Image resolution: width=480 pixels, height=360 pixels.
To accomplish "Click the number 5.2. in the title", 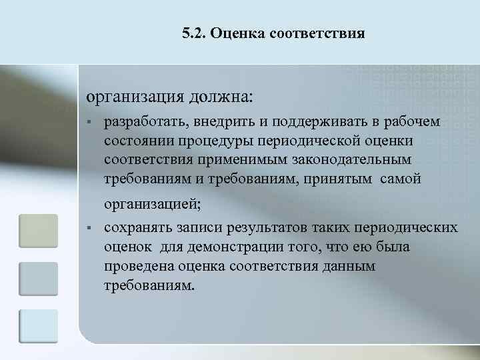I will [x=193, y=33].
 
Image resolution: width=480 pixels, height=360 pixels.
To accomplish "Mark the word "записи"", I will [x=197, y=229].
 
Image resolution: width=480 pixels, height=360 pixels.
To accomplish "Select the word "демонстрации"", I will [x=235, y=247].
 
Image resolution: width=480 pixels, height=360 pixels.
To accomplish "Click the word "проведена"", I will [x=139, y=267].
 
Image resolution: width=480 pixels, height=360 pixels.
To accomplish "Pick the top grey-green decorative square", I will [x=39, y=232].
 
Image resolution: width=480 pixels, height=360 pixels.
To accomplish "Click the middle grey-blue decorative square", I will [x=39, y=279].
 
